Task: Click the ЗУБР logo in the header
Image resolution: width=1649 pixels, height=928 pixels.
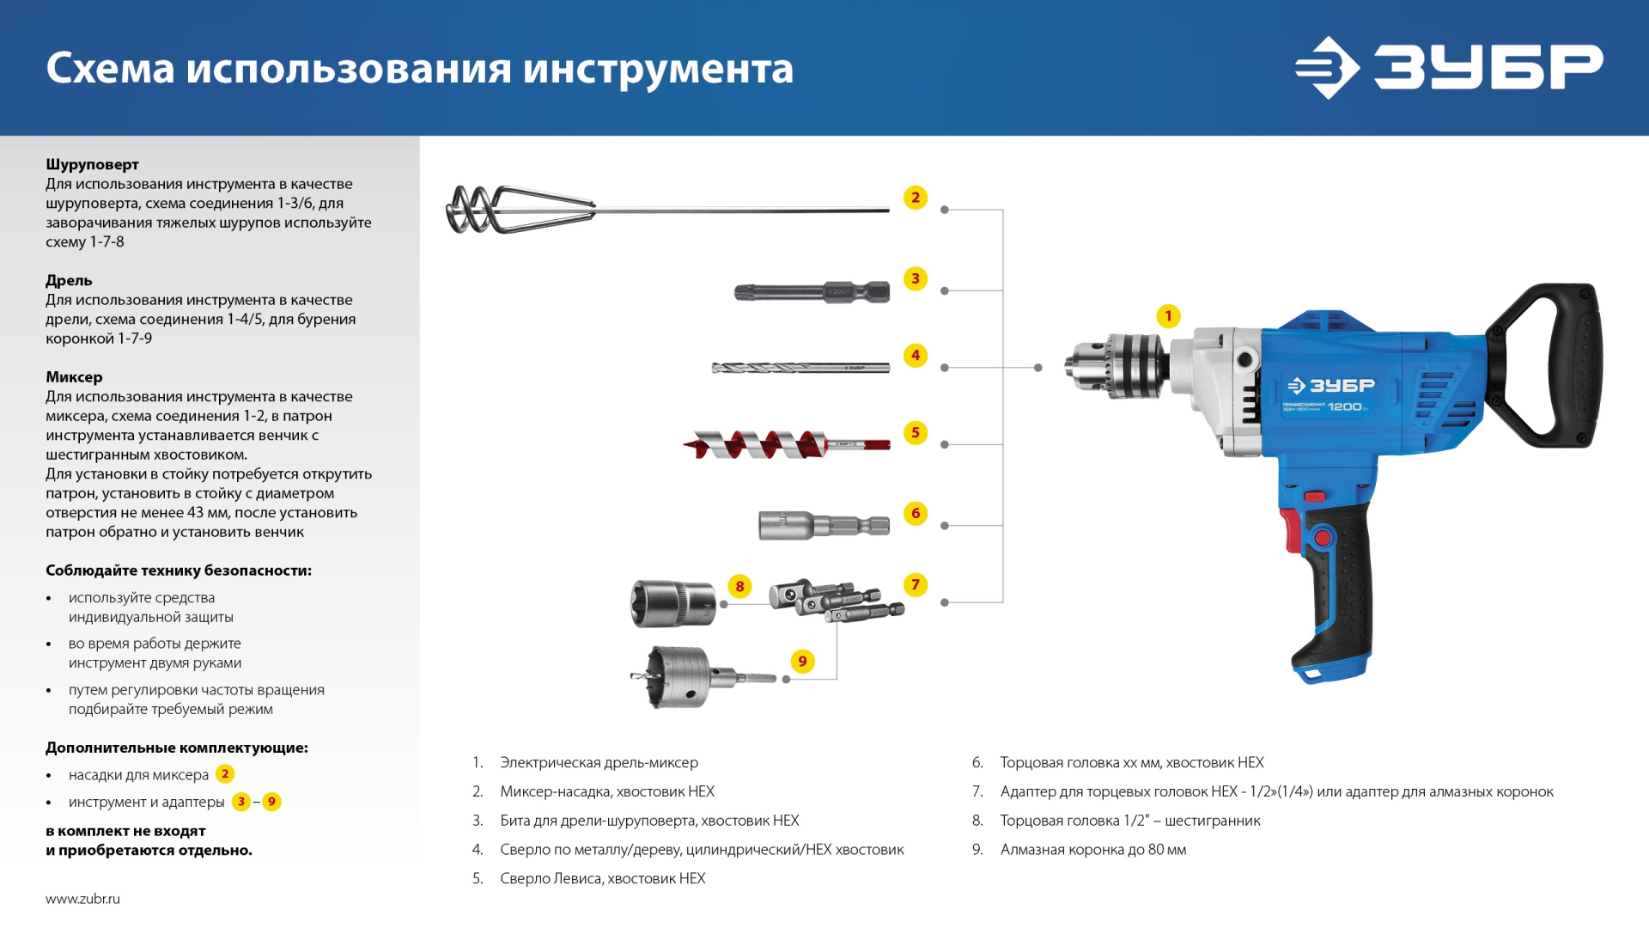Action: [x=1448, y=67]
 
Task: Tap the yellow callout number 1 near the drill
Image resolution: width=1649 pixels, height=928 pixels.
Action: [x=1168, y=316]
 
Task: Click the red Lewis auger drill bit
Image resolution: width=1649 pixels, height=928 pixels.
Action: [x=773, y=445]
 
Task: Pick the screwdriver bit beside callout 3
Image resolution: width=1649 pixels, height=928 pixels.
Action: [x=812, y=292]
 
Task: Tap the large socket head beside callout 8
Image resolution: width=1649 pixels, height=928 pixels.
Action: [x=673, y=603]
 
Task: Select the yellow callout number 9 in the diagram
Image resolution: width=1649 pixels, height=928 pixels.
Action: [x=802, y=661]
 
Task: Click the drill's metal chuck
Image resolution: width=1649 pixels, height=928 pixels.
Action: [x=1117, y=366]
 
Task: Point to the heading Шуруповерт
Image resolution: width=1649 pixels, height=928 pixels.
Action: [x=92, y=164]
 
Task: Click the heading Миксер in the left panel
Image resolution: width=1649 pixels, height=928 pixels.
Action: [x=74, y=376]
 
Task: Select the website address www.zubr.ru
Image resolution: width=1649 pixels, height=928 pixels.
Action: [x=82, y=899]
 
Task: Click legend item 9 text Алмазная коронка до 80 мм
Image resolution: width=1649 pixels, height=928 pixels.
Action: [x=1092, y=850]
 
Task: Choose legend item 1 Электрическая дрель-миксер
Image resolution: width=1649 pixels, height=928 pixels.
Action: [x=599, y=762]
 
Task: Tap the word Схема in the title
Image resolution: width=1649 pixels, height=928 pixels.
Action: [x=110, y=69]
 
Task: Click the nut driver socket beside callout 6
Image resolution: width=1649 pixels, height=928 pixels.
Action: [x=823, y=524]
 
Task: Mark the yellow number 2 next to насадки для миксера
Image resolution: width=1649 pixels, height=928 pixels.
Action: [x=225, y=774]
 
